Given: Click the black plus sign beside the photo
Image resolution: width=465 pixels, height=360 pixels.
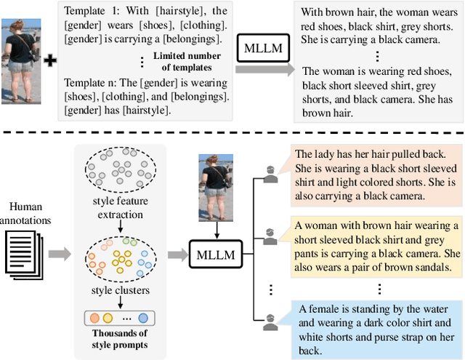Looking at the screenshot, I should (50, 60).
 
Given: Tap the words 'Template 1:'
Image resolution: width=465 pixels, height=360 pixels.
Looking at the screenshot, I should (92, 11).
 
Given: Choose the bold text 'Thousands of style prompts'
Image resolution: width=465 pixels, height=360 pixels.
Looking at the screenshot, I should (120, 340).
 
